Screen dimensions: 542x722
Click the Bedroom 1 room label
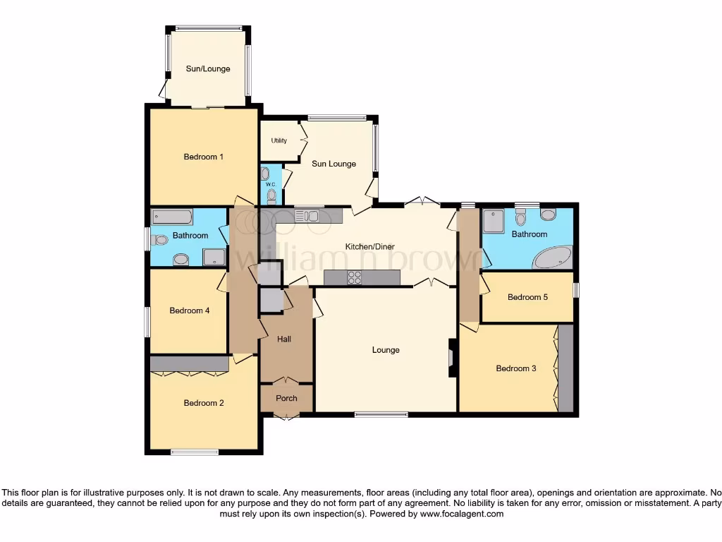203,157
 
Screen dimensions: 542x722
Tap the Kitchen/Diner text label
369,247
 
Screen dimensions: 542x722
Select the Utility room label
279,140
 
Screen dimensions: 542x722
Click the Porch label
286,398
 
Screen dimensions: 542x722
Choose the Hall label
284,339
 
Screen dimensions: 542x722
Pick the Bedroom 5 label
527,297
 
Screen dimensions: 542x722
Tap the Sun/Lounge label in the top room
208,69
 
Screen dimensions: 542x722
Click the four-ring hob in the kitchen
354,278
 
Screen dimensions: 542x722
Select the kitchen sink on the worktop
308,216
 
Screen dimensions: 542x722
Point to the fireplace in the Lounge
451,354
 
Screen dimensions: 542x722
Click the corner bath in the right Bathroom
553,258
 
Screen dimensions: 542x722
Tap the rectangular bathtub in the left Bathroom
173,217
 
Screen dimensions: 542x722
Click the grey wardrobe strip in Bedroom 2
189,363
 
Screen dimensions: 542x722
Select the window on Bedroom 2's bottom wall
195,452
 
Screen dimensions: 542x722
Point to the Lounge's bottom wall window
381,414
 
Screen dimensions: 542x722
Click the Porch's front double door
286,417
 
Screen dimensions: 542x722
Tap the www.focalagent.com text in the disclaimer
461,514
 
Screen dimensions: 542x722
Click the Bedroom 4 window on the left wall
147,322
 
